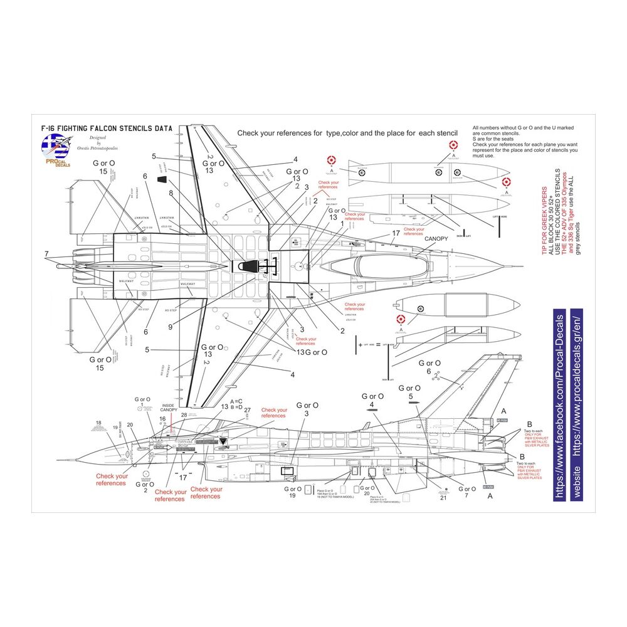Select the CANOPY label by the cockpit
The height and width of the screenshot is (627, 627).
[x=437, y=238]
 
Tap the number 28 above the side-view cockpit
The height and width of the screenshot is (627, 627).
[x=184, y=415]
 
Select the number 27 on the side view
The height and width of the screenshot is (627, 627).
[x=246, y=410]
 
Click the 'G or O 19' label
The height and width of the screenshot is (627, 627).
[x=292, y=492]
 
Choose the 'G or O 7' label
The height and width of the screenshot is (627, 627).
[x=468, y=492]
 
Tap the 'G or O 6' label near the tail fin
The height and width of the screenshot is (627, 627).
[x=429, y=367]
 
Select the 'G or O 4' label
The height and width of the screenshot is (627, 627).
[x=372, y=400]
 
